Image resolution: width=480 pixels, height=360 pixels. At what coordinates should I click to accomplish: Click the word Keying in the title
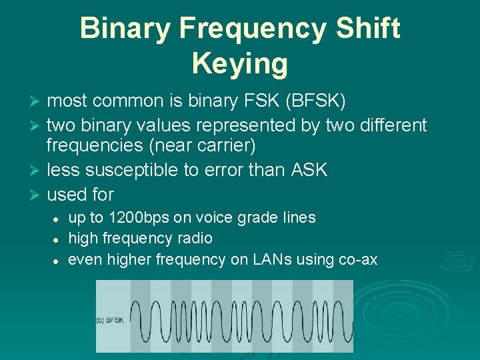pyautogui.click(x=240, y=63)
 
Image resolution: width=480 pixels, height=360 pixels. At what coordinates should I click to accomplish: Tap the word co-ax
pyautogui.click(x=357, y=259)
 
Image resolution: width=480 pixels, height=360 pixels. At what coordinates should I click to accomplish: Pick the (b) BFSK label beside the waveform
pyautogui.click(x=110, y=320)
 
